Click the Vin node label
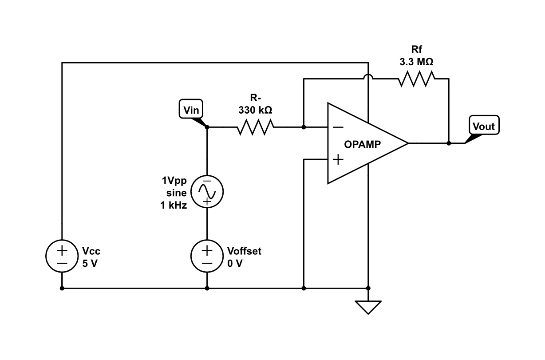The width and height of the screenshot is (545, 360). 191,110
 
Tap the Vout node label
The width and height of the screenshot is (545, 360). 483,126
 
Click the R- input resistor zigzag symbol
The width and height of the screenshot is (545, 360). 255,127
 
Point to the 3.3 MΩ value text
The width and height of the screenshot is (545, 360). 416,63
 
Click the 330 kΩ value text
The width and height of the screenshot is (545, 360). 255,110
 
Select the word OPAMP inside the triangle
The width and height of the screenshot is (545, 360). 363,144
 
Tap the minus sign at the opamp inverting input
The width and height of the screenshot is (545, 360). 338,127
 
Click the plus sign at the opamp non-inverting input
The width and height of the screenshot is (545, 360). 338,159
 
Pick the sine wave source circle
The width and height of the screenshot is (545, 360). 207,192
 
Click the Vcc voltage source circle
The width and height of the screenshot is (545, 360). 62,257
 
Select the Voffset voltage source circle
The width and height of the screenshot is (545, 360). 207,257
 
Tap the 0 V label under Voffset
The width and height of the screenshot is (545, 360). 235,263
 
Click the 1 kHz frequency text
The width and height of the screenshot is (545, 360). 174,205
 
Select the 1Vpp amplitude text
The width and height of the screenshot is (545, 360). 174,181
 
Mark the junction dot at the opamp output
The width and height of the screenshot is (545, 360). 449,143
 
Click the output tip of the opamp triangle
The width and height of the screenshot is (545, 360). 407,143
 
